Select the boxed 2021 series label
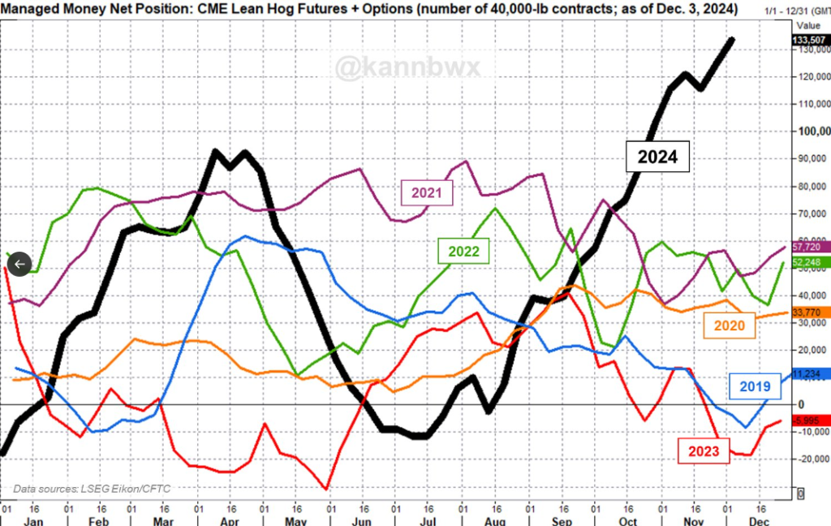click(x=427, y=192)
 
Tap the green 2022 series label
click(x=463, y=252)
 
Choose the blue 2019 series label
click(x=754, y=387)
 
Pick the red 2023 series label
click(x=703, y=451)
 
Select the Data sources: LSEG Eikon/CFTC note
click(x=92, y=489)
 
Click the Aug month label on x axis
click(x=493, y=520)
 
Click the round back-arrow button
click(x=19, y=264)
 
